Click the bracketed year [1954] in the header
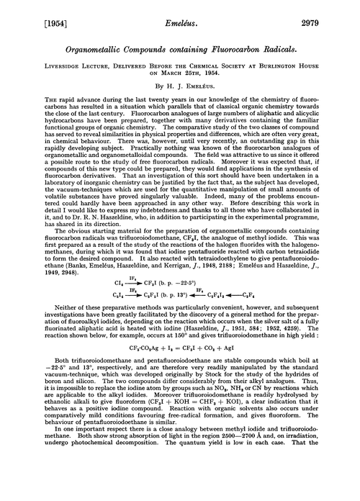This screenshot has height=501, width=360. pyautogui.click(x=29, y=11)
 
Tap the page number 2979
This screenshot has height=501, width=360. pyautogui.click(x=330, y=11)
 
